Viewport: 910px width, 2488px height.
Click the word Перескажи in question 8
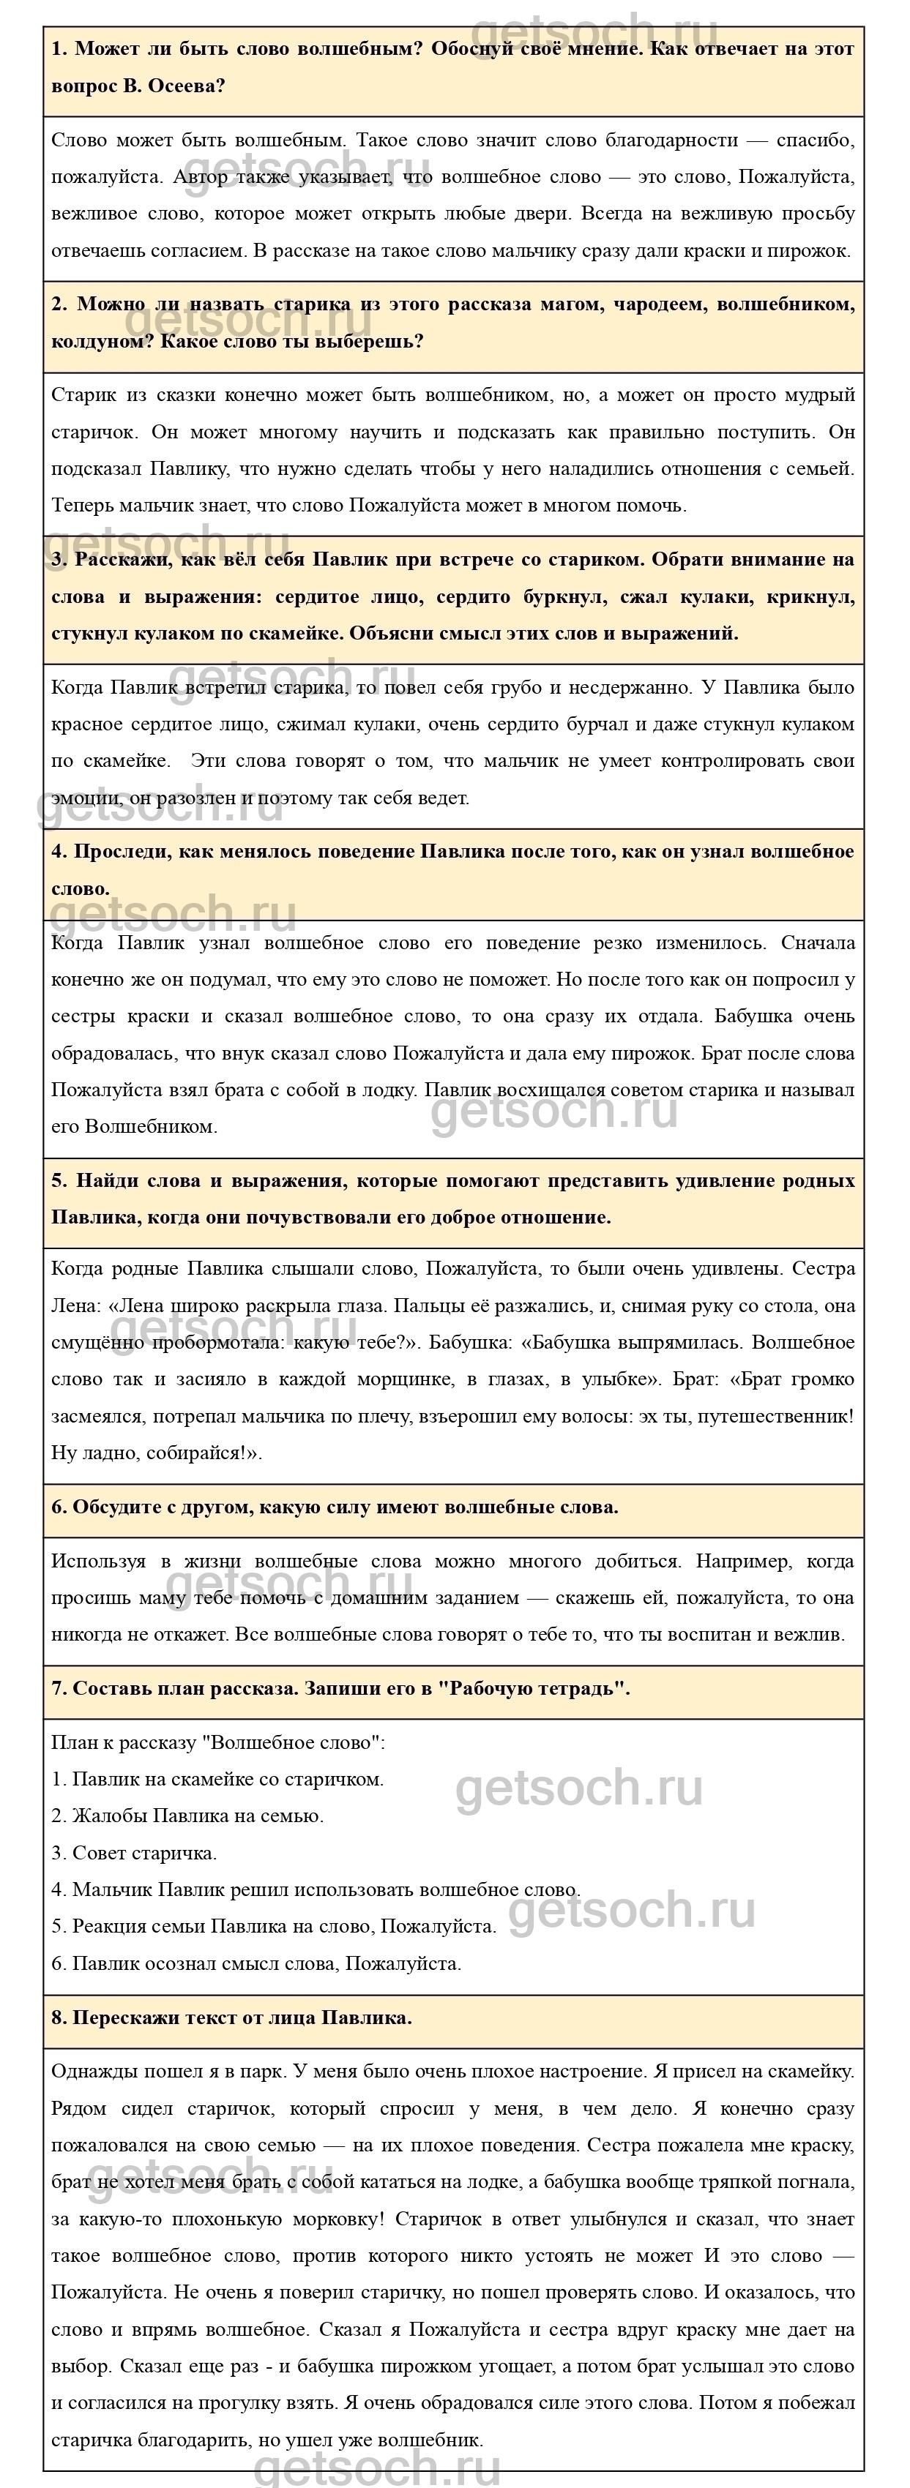coord(120,2017)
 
